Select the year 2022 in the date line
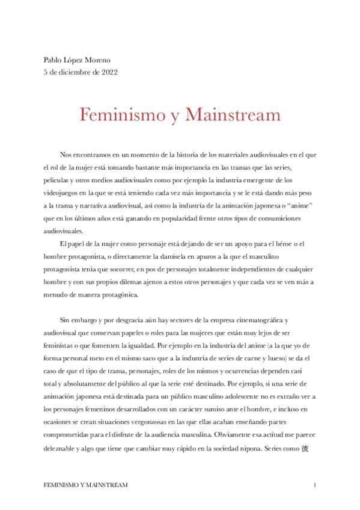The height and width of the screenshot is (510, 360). point(109,72)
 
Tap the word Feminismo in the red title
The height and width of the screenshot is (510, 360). point(123,114)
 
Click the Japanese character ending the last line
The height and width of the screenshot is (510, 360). point(305,449)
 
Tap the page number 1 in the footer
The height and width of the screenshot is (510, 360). point(315,485)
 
